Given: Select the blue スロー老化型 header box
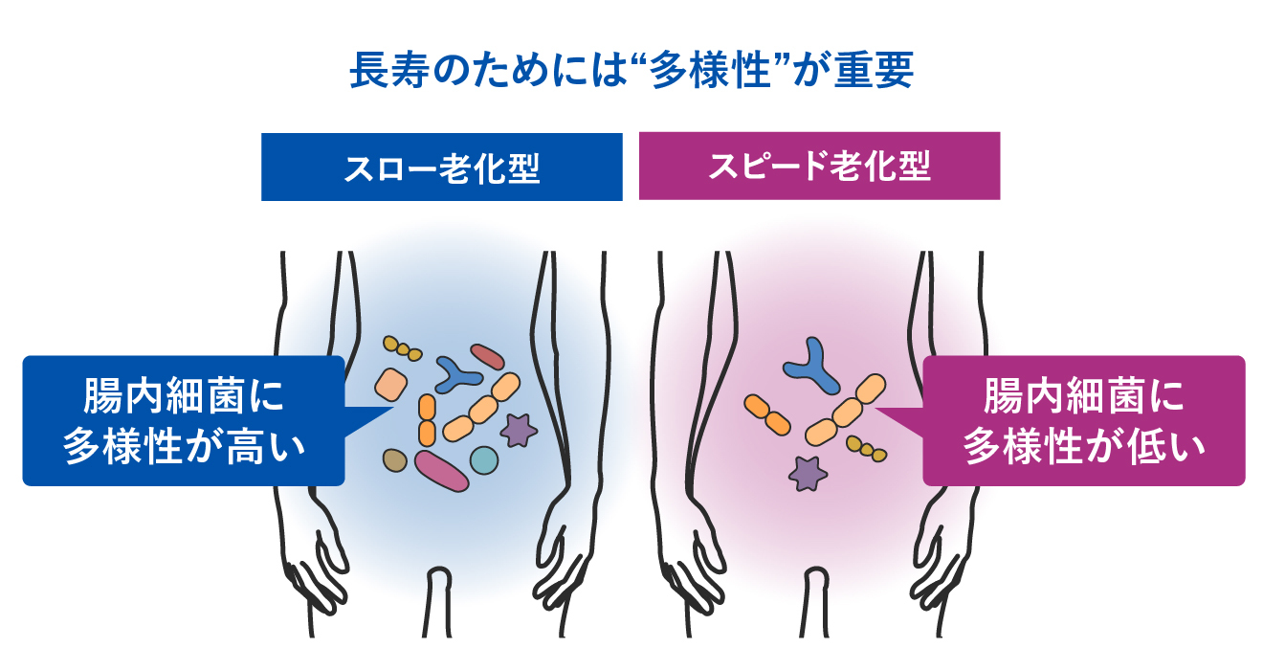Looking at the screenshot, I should (441, 167).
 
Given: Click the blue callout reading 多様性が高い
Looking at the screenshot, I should (182, 420).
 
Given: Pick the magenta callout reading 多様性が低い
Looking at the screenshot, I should (1083, 420).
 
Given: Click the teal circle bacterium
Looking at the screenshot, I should (484, 459).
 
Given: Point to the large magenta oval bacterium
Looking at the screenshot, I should (441, 470).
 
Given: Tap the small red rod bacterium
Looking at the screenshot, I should (487, 357).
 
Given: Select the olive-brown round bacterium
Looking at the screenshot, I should (394, 460).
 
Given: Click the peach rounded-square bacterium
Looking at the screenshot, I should (391, 384).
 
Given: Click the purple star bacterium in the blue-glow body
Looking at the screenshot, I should (519, 430).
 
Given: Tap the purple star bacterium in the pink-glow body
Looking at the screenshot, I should (809, 472).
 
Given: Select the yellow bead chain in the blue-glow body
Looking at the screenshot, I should (403, 347).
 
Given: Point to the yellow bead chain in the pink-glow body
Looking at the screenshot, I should (866, 448).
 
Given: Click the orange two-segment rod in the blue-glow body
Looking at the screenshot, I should (427, 419).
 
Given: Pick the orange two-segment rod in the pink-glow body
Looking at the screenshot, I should (767, 413).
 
